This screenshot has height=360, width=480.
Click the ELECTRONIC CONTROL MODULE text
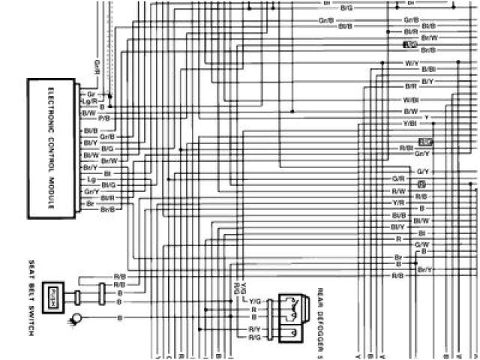[51, 148]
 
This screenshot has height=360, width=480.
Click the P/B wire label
[104, 118]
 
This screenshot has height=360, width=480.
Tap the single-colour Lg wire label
[91, 180]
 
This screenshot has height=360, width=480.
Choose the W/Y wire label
[411, 64]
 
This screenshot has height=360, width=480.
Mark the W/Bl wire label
[410, 99]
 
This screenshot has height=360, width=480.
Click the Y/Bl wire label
[409, 123]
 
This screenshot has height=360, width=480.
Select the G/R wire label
[398, 179]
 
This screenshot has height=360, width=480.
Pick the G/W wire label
[421, 244]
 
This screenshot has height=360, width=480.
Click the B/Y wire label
[427, 81]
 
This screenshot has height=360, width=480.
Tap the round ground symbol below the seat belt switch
[75, 320]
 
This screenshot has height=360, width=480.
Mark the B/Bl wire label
[428, 69]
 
